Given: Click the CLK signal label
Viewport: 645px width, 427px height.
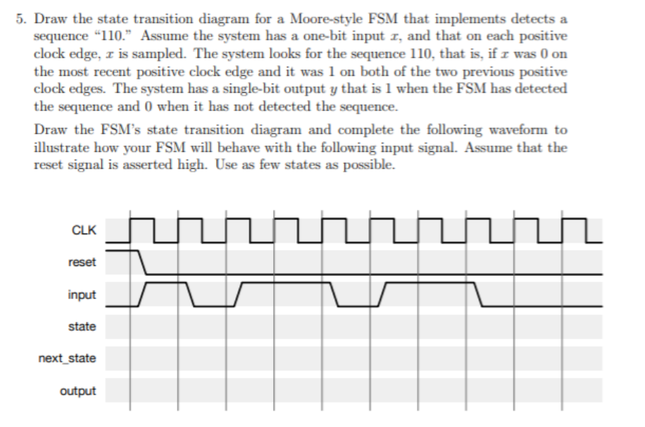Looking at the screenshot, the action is (84, 229).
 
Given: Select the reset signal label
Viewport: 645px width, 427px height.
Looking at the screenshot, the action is (82, 262).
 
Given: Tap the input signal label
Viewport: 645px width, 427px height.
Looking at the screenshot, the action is (82, 295).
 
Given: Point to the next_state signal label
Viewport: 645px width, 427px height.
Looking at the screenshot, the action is (67, 359).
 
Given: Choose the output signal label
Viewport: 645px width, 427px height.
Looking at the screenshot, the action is (78, 390).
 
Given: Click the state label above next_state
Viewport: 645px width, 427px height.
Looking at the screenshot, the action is (82, 326).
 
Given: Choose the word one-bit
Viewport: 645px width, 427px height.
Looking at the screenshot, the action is (334, 34).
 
